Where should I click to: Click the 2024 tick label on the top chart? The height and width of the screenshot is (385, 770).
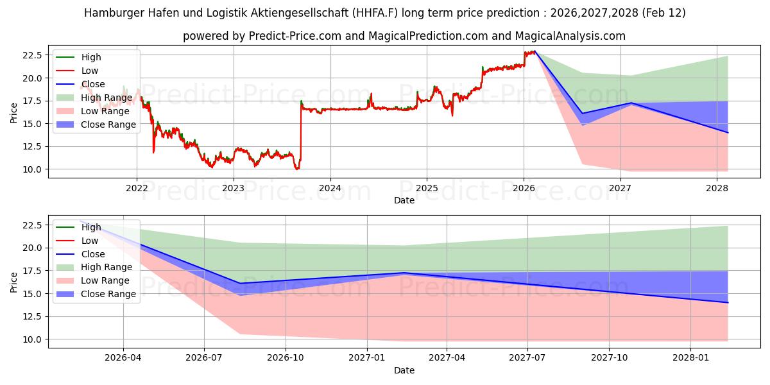(x=330, y=188)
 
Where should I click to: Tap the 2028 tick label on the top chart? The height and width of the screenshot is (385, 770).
(x=717, y=188)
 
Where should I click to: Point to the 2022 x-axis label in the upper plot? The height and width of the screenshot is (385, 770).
(x=137, y=188)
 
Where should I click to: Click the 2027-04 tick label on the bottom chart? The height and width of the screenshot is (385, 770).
(x=447, y=358)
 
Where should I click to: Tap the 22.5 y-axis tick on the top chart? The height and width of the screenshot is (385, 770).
(x=32, y=55)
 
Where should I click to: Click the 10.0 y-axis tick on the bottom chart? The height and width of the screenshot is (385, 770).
(x=32, y=339)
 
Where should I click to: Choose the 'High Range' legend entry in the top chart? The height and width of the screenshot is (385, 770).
(x=107, y=98)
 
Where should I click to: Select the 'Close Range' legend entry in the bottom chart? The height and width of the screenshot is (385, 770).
(x=108, y=294)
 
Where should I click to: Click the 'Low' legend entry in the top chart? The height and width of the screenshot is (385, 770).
(x=89, y=71)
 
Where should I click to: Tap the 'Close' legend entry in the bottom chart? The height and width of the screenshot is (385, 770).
(x=92, y=254)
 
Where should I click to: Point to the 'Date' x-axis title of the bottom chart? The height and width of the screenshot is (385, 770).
(x=404, y=370)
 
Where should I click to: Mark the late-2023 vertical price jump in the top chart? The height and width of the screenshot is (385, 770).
(x=300, y=135)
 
